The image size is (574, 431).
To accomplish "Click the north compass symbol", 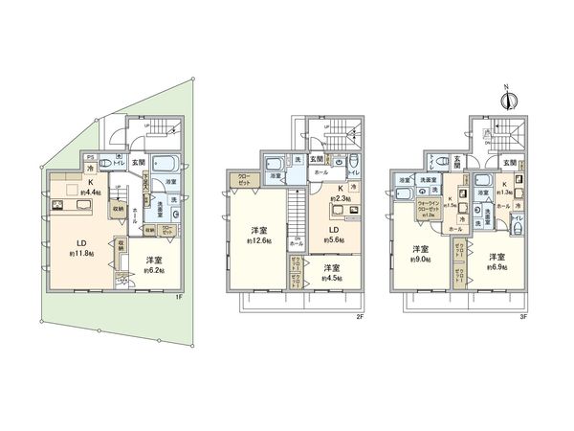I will click(508, 100).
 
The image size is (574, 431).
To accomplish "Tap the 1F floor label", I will click(180, 296).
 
